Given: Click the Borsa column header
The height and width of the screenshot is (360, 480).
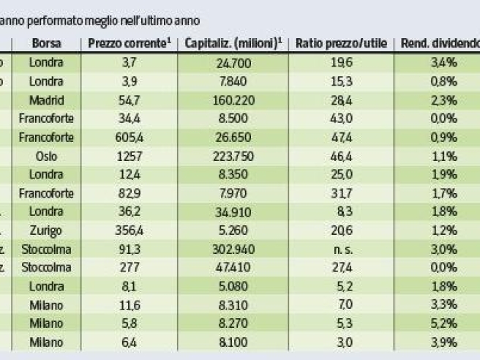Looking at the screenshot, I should click(46, 43).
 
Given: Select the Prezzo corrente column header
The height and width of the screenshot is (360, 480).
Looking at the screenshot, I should click(129, 43).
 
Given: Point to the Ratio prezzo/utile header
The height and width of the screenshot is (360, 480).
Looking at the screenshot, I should click(341, 43).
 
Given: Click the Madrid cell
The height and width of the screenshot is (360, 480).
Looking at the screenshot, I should click(46, 100).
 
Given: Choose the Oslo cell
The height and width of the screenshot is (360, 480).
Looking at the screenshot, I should click(46, 156).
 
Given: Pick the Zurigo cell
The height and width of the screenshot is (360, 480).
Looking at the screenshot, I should click(46, 230).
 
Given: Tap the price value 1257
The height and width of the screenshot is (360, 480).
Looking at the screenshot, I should click(129, 156).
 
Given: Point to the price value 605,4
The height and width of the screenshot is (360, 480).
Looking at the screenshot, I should click(129, 137).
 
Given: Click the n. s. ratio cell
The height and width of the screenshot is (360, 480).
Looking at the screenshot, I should click(341, 249).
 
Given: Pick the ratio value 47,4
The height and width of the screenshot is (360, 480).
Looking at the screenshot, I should click(341, 137).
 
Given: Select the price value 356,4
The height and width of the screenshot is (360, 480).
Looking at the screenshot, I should click(129, 230).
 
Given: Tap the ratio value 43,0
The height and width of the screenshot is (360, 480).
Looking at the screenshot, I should click(341, 118).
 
